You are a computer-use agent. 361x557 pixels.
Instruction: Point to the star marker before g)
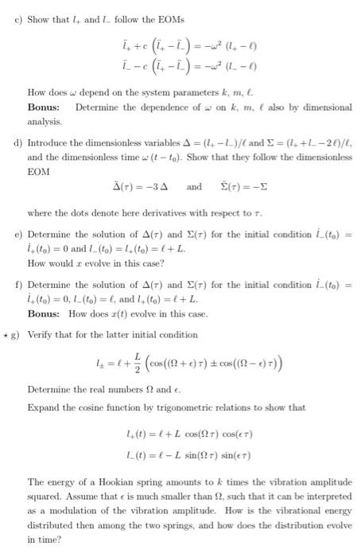coord(6,336)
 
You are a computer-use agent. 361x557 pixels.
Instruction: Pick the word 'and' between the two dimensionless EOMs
coord(194,188)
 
